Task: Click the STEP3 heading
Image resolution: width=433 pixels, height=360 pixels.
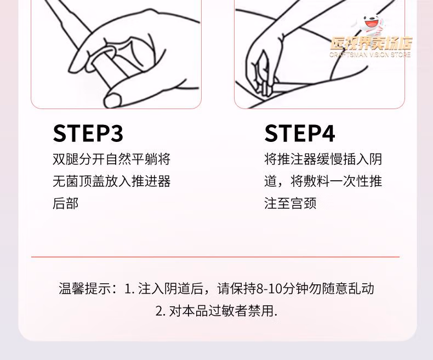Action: (88, 133)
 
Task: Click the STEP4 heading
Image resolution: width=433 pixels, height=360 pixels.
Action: (300, 133)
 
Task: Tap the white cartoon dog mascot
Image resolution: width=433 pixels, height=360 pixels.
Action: (370, 24)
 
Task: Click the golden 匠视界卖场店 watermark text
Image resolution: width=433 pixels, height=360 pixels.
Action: (372, 44)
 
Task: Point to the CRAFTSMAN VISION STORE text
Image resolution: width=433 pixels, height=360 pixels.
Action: (370, 55)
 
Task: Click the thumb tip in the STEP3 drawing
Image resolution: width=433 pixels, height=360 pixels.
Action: (112, 100)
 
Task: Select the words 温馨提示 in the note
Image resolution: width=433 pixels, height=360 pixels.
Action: (85, 289)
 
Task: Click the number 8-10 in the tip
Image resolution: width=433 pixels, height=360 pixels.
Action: (269, 289)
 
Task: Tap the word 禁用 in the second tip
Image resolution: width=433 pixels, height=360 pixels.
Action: (260, 311)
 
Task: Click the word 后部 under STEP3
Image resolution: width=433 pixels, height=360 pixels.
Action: (66, 203)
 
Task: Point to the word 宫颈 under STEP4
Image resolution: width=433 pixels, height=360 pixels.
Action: (304, 203)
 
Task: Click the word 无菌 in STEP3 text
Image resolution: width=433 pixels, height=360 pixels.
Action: (66, 181)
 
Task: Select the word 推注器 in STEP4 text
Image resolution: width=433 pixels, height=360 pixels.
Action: (297, 159)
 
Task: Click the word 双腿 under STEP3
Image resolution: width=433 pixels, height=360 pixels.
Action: (66, 159)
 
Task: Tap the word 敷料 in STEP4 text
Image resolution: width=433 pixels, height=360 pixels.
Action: (316, 181)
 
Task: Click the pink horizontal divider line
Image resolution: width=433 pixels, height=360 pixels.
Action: (215, 257)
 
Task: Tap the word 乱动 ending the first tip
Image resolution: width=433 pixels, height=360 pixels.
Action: (361, 289)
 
